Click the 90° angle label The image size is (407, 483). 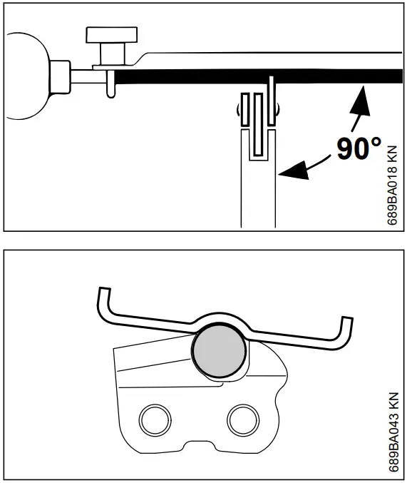(359, 148)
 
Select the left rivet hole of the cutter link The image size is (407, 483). (152, 420)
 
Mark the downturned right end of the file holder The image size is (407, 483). (346, 335)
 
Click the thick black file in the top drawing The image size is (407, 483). (249, 74)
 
